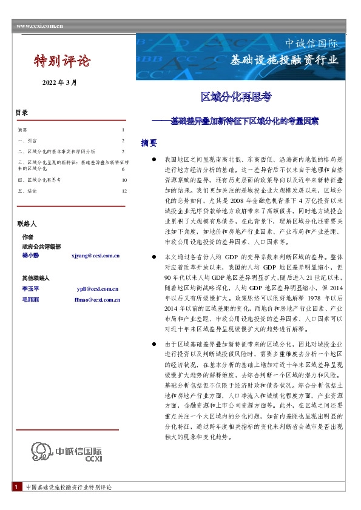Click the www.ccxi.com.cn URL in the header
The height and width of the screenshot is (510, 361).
pos(40,25)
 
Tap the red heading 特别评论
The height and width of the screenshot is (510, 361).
pos(61,61)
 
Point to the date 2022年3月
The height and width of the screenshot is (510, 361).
pos(59,82)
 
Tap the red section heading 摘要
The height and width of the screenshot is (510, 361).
pos(149,143)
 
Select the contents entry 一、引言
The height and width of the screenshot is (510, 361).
pos(27,140)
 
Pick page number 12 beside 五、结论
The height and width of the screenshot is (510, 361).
pos(124,191)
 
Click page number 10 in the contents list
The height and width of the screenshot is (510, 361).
pos(124,180)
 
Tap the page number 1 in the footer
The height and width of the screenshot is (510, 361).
pos(15,488)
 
